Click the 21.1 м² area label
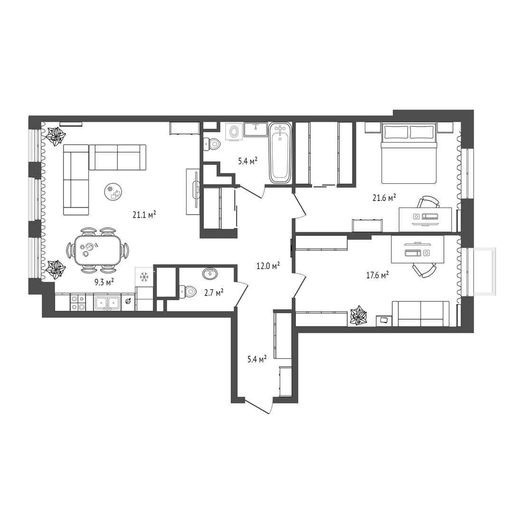[144, 215]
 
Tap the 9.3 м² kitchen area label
[104, 282]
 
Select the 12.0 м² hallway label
[268, 266]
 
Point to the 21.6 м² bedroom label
[384, 198]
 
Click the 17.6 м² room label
[377, 275]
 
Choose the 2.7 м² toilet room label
[214, 292]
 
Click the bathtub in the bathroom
[280, 152]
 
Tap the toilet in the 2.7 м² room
[187, 291]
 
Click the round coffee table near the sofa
[113, 192]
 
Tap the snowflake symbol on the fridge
[144, 277]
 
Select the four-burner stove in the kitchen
[78, 302]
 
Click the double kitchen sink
[107, 303]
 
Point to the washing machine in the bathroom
[234, 132]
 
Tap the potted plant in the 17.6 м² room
[359, 315]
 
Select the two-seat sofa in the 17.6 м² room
[421, 314]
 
